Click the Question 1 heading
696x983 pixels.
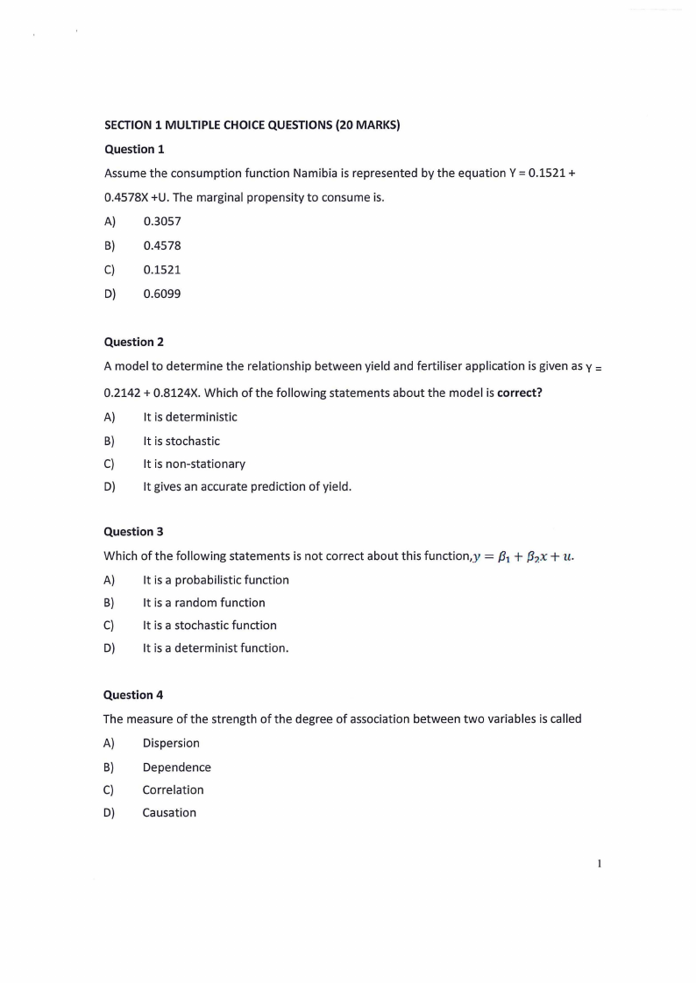[x=134, y=149]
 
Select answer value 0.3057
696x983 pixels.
[x=162, y=222]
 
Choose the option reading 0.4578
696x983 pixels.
[x=162, y=246]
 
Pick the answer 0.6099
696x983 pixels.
[x=162, y=293]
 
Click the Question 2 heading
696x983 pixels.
[x=134, y=342]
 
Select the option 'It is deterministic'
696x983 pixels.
[x=190, y=417]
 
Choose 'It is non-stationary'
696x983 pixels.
[x=195, y=463]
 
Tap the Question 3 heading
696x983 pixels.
[x=134, y=531]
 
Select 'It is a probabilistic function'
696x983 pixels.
[x=216, y=580]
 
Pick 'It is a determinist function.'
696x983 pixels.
[x=216, y=648]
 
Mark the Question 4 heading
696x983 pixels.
[x=134, y=695]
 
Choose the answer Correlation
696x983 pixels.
[x=174, y=789]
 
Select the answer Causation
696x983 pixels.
[x=170, y=812]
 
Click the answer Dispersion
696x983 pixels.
[x=172, y=743]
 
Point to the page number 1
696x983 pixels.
[x=599, y=864]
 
